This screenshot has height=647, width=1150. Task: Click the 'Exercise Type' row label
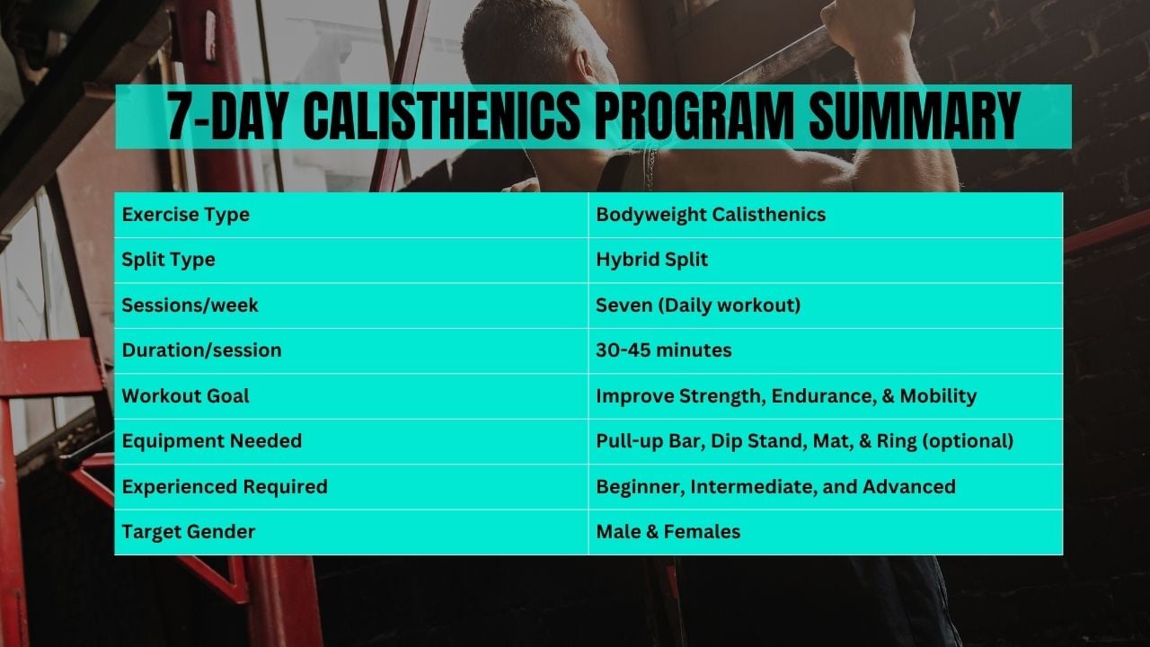click(186, 215)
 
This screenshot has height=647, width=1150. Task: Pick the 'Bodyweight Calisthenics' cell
click(711, 215)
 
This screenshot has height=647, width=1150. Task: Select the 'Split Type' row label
click(168, 260)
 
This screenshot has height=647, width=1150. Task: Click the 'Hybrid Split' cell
click(652, 260)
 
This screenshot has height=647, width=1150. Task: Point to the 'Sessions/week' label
click(190, 306)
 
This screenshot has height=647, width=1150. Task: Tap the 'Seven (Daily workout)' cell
click(698, 306)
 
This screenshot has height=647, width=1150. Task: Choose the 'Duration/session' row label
click(201, 350)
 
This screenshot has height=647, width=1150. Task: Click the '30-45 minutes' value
click(664, 350)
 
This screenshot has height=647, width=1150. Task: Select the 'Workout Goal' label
click(186, 396)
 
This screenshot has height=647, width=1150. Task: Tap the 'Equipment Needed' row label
click(212, 441)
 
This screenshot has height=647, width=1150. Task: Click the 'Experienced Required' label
click(225, 487)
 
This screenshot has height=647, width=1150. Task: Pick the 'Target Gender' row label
click(189, 532)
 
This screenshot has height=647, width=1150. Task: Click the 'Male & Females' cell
click(668, 532)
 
